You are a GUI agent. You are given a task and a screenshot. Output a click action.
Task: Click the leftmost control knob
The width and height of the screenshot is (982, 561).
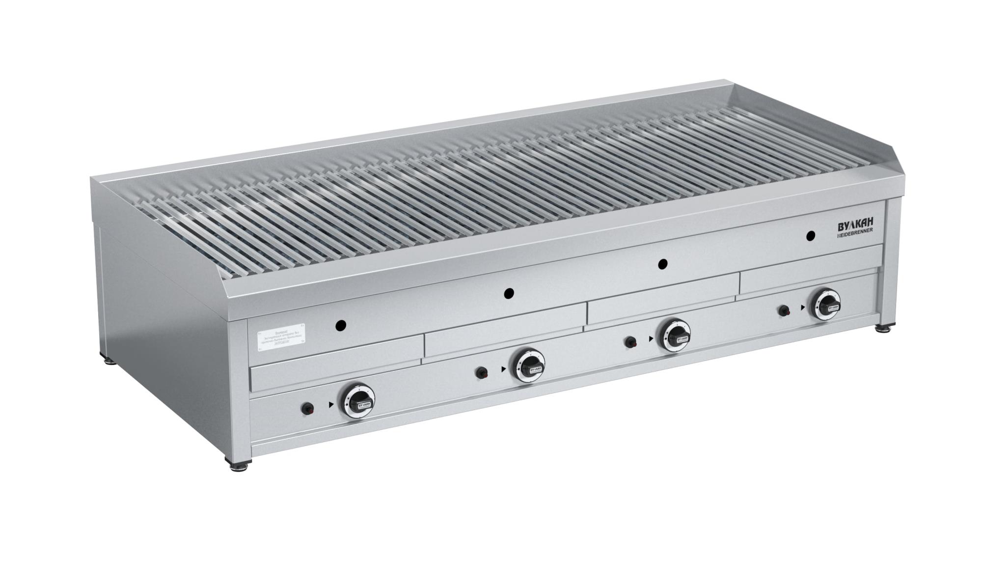click(x=358, y=400)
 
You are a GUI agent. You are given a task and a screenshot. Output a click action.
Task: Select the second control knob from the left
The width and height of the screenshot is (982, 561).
click(x=528, y=365)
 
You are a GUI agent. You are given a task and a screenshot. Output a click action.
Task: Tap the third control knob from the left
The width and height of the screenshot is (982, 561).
click(x=675, y=335)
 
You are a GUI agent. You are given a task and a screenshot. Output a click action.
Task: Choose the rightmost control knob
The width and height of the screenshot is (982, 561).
click(x=826, y=304)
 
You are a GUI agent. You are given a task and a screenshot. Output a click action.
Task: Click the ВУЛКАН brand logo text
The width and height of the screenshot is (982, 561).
click(x=855, y=226)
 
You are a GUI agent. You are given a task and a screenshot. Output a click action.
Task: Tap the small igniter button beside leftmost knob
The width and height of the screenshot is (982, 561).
click(x=308, y=408)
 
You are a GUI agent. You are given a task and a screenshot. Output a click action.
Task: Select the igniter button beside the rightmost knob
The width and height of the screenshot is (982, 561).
click(x=784, y=310)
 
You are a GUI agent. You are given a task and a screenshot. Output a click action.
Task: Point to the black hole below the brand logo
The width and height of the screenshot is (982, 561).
click(x=810, y=236)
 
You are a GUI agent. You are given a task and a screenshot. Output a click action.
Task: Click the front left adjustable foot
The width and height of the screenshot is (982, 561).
click(x=239, y=463)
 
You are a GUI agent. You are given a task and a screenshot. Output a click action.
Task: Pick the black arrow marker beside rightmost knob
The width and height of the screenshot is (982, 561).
click(x=802, y=308)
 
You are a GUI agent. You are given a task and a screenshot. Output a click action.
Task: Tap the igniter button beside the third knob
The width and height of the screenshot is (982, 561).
click(x=629, y=342)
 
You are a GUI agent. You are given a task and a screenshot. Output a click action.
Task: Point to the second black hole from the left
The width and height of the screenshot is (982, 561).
click(x=509, y=294)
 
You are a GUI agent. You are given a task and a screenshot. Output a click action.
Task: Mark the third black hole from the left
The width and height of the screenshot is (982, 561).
click(x=663, y=264)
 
